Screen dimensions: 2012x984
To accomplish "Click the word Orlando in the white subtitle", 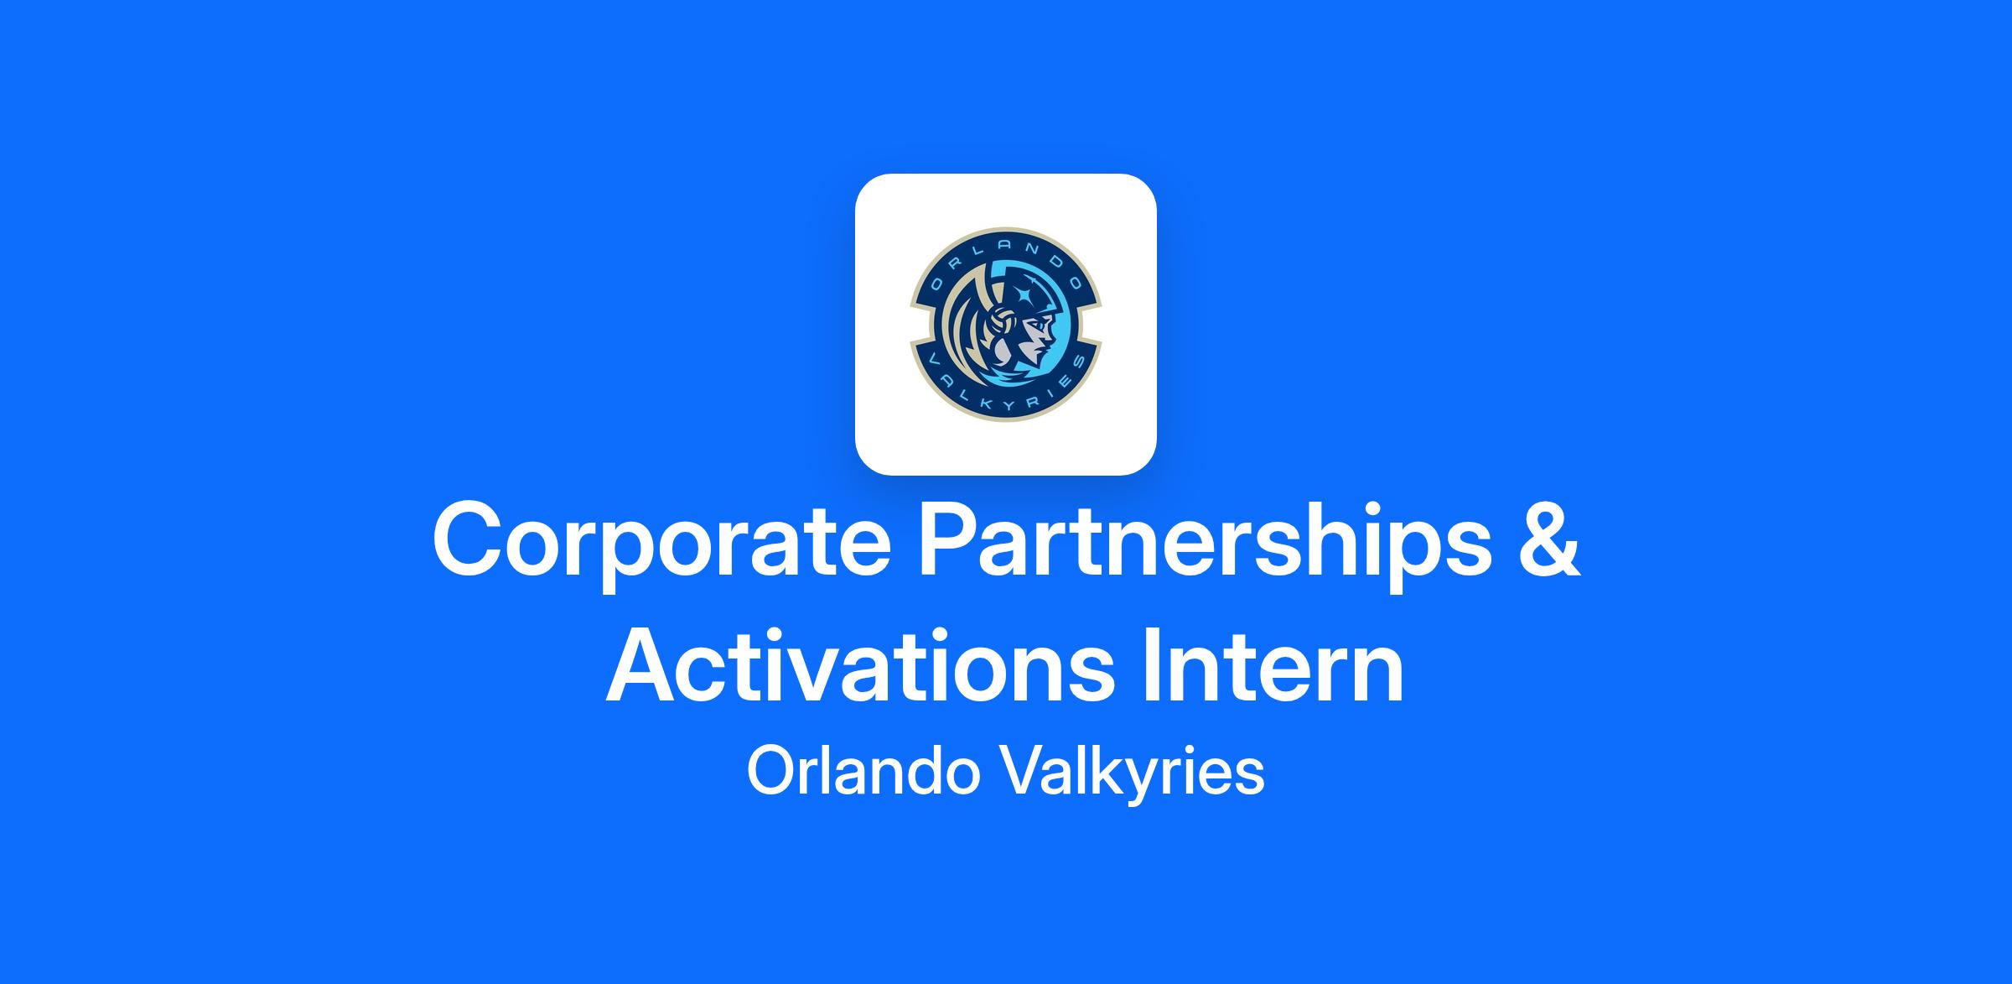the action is coord(863,772).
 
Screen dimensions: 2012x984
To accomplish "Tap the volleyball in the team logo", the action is coord(1002,321).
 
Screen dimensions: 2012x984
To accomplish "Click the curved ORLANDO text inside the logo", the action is coord(1005,257).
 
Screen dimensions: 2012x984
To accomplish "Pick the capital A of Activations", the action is coord(644,664).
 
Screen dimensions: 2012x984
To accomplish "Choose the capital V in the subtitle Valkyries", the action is coord(1021,771).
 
